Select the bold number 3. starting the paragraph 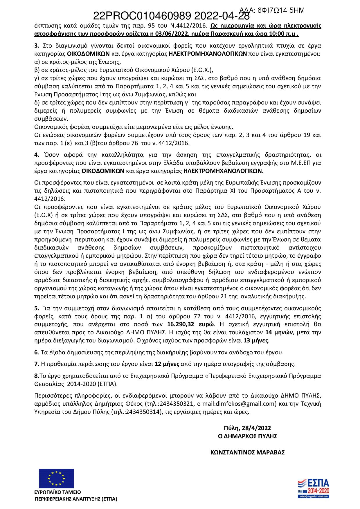pos(36,46)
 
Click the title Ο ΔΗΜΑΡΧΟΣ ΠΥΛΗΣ pos(247,436)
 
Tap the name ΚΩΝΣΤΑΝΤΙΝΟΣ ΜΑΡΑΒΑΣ pos(247,452)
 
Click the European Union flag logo pos(56,479)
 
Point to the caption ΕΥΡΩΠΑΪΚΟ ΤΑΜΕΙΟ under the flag pos(57,492)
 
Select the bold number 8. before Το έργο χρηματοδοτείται pos(37,376)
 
